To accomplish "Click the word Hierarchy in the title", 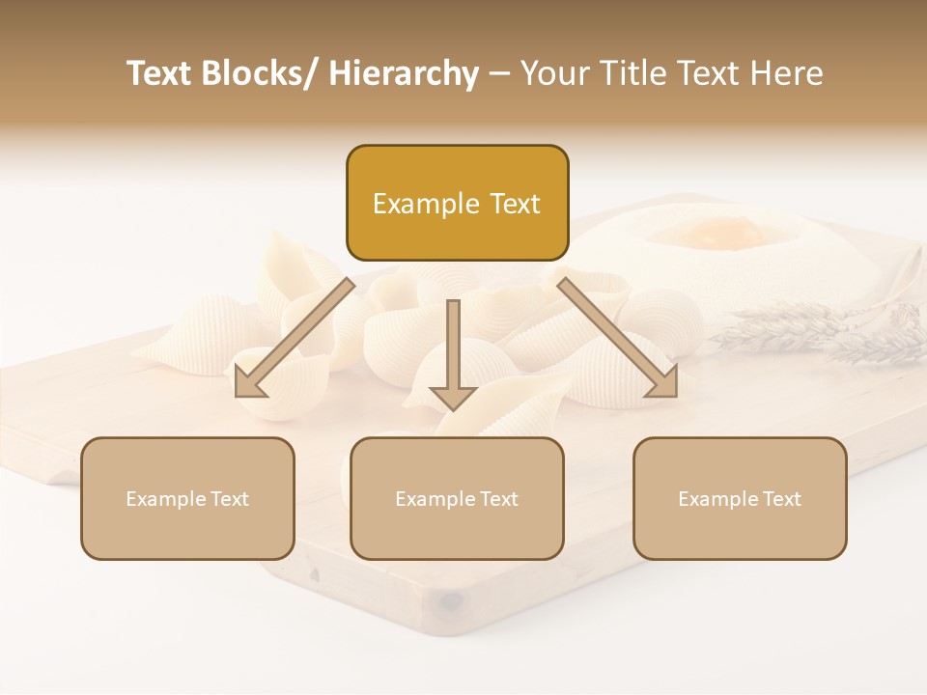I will pos(404,73).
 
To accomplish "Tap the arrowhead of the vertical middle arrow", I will pos(453,397).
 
